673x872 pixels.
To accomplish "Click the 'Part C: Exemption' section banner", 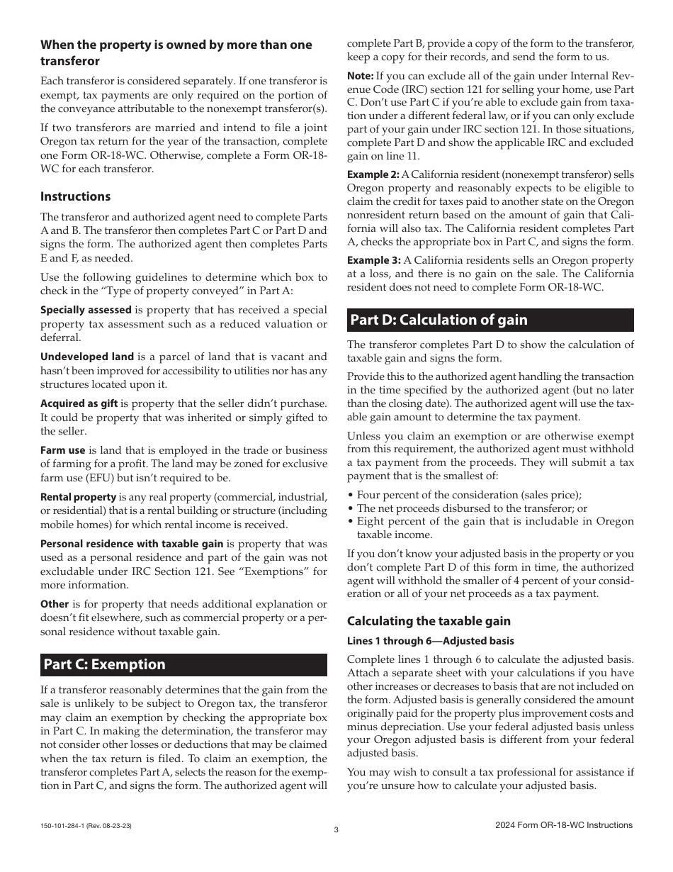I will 183,664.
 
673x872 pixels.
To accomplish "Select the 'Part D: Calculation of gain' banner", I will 490,320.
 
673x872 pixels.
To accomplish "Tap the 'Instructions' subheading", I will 75,196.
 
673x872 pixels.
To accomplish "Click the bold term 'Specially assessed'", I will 86,310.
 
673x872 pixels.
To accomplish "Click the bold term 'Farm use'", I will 62,450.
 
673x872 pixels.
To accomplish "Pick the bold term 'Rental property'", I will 78,497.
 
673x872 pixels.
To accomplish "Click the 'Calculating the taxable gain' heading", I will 429,621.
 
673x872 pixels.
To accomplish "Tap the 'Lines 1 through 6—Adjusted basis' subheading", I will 430,641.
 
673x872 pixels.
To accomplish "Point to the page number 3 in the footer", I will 336,829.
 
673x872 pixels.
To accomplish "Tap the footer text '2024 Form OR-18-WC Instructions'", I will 565,825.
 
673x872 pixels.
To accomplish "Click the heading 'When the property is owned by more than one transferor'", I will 176,53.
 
